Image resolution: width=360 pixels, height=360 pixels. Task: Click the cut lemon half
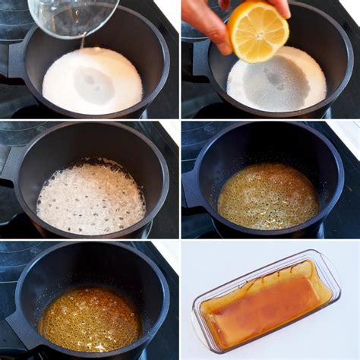coord(259,33)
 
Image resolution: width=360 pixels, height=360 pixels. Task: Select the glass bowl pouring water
coord(72,15)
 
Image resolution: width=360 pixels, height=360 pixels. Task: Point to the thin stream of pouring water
coord(83,43)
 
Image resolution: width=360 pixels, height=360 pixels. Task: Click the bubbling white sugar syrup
coord(90,197)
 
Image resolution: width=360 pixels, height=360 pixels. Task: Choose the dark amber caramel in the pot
coord(90,318)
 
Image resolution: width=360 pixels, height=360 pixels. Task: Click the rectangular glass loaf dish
coord(266,304)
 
